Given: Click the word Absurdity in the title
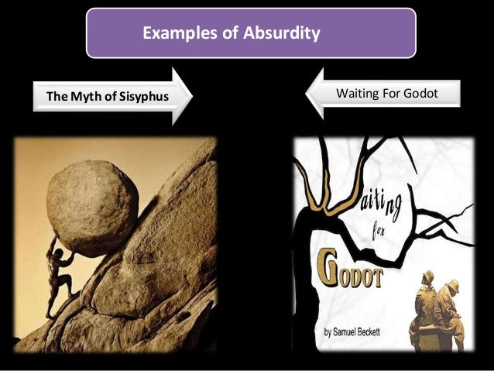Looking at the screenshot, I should (283, 34).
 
